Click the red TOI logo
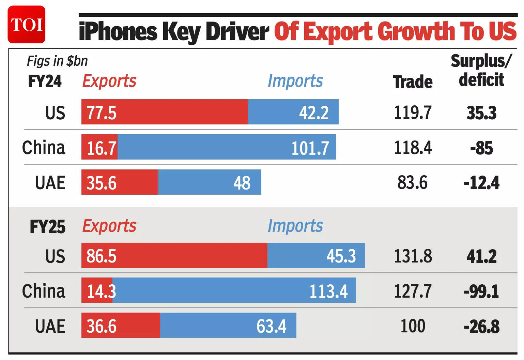click(x=26, y=25)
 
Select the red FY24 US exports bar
click(x=165, y=112)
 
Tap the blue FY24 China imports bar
click(x=226, y=147)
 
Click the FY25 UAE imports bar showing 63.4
click(x=228, y=326)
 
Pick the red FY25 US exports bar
click(x=174, y=256)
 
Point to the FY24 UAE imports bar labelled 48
click(x=210, y=182)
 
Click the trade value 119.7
click(x=413, y=112)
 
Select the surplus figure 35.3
click(x=481, y=113)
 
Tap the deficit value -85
click(x=481, y=148)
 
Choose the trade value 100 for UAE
click(x=413, y=326)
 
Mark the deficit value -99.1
click(x=481, y=291)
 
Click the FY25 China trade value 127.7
click(x=413, y=291)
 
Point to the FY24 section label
click(x=45, y=81)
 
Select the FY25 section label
click(x=47, y=227)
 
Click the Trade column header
click(x=413, y=82)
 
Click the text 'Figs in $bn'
click(x=57, y=61)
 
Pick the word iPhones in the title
click(x=118, y=32)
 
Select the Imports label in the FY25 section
click(x=295, y=226)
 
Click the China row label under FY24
click(x=44, y=148)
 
